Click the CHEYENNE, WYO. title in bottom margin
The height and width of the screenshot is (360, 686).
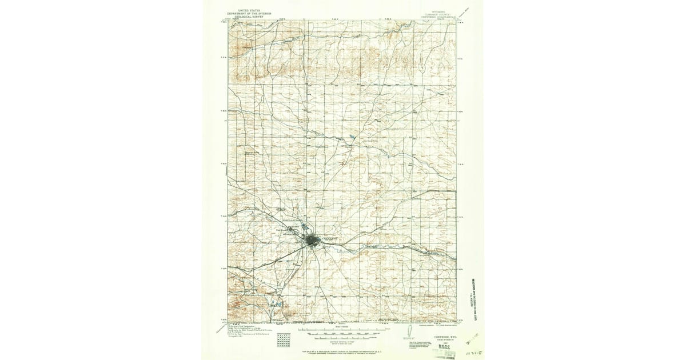pyautogui.click(x=429, y=337)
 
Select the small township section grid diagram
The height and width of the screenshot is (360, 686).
pyautogui.click(x=282, y=339)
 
